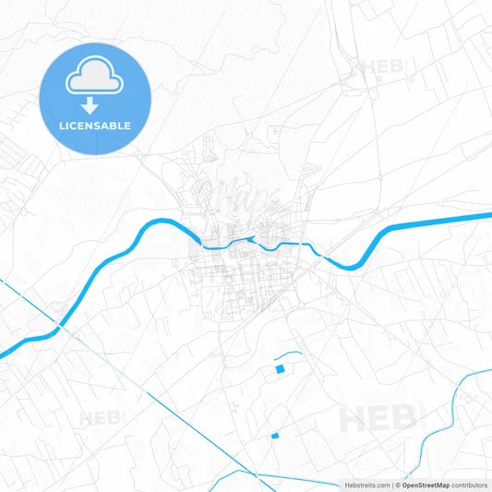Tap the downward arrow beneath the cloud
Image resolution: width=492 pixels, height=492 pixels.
click(90, 106)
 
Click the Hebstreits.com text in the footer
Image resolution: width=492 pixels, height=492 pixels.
click(366, 485)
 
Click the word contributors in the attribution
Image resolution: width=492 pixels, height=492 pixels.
click(469, 485)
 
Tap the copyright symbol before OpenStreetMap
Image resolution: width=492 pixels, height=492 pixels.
click(397, 485)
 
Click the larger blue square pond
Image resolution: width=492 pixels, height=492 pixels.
click(280, 370)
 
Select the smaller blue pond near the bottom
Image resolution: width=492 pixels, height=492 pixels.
click(274, 436)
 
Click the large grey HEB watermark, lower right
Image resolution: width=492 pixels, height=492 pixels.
click(377, 419)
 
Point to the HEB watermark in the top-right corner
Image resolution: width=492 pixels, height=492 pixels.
click(382, 66)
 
